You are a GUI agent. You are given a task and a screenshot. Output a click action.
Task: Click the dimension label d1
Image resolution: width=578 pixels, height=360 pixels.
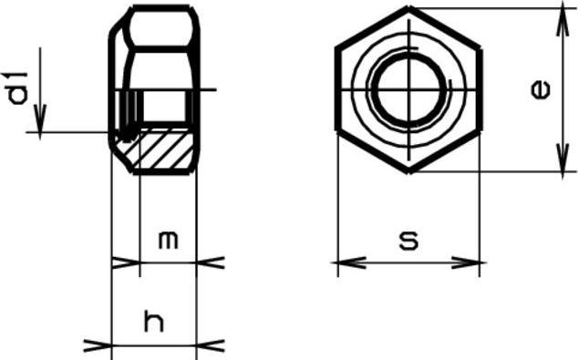[18, 88]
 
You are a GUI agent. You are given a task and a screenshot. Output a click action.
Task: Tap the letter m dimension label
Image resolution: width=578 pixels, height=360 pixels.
[169, 240]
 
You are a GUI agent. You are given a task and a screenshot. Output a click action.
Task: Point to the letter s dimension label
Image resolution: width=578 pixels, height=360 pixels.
[408, 241]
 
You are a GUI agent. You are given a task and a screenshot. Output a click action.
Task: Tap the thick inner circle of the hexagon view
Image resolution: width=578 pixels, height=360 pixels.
[408, 89]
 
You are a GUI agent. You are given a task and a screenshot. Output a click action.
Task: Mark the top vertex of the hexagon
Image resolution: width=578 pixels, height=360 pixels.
[408, 7]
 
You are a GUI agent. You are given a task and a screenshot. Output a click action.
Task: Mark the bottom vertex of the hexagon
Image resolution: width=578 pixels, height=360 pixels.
[408, 171]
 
